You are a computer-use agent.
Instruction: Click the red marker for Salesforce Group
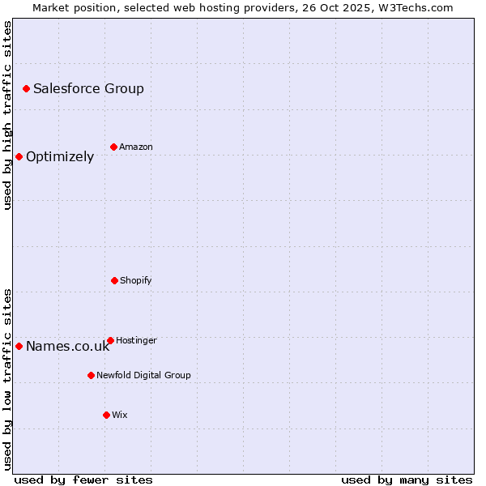point(26,88)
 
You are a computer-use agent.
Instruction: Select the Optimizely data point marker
point(19,156)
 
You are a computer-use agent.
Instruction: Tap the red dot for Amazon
point(113,147)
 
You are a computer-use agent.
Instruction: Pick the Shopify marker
point(114,280)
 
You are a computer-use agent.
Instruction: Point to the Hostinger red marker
point(110,340)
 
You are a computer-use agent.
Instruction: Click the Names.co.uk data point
point(19,346)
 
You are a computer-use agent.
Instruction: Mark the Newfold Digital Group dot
point(91,375)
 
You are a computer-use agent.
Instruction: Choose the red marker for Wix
point(106,415)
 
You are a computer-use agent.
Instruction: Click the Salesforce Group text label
point(88,88)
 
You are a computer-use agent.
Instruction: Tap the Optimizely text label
point(60,156)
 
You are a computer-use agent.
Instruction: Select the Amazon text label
point(136,147)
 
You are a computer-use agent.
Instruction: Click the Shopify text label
point(136,280)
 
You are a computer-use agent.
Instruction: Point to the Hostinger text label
point(136,340)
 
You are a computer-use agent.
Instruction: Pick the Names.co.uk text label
point(67,347)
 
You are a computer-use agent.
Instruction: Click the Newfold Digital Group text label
point(143,375)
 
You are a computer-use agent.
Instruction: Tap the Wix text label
point(120,415)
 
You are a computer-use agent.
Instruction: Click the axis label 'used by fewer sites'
point(83,480)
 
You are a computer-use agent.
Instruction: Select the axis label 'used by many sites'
point(407,480)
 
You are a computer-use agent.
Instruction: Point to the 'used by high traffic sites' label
point(7,115)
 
